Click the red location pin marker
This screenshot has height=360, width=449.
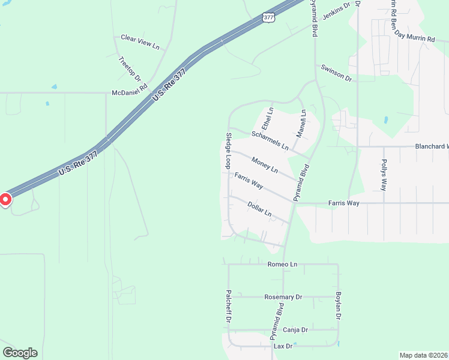pyautogui.click(x=5, y=199)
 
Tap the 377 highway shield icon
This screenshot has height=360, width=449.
pyautogui.click(x=269, y=17)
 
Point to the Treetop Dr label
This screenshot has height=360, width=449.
pyautogui.click(x=130, y=69)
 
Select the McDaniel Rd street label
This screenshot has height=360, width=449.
pyautogui.click(x=129, y=93)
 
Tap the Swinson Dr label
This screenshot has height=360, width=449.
pyautogui.click(x=336, y=73)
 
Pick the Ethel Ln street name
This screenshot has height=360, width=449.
pyautogui.click(x=270, y=119)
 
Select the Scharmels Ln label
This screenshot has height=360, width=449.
pyautogui.click(x=270, y=140)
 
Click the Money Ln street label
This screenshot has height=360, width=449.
pyautogui.click(x=265, y=165)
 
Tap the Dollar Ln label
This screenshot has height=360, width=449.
pyautogui.click(x=260, y=209)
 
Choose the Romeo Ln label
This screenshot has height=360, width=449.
pyautogui.click(x=282, y=265)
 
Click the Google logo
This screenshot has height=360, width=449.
pyautogui.click(x=20, y=353)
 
